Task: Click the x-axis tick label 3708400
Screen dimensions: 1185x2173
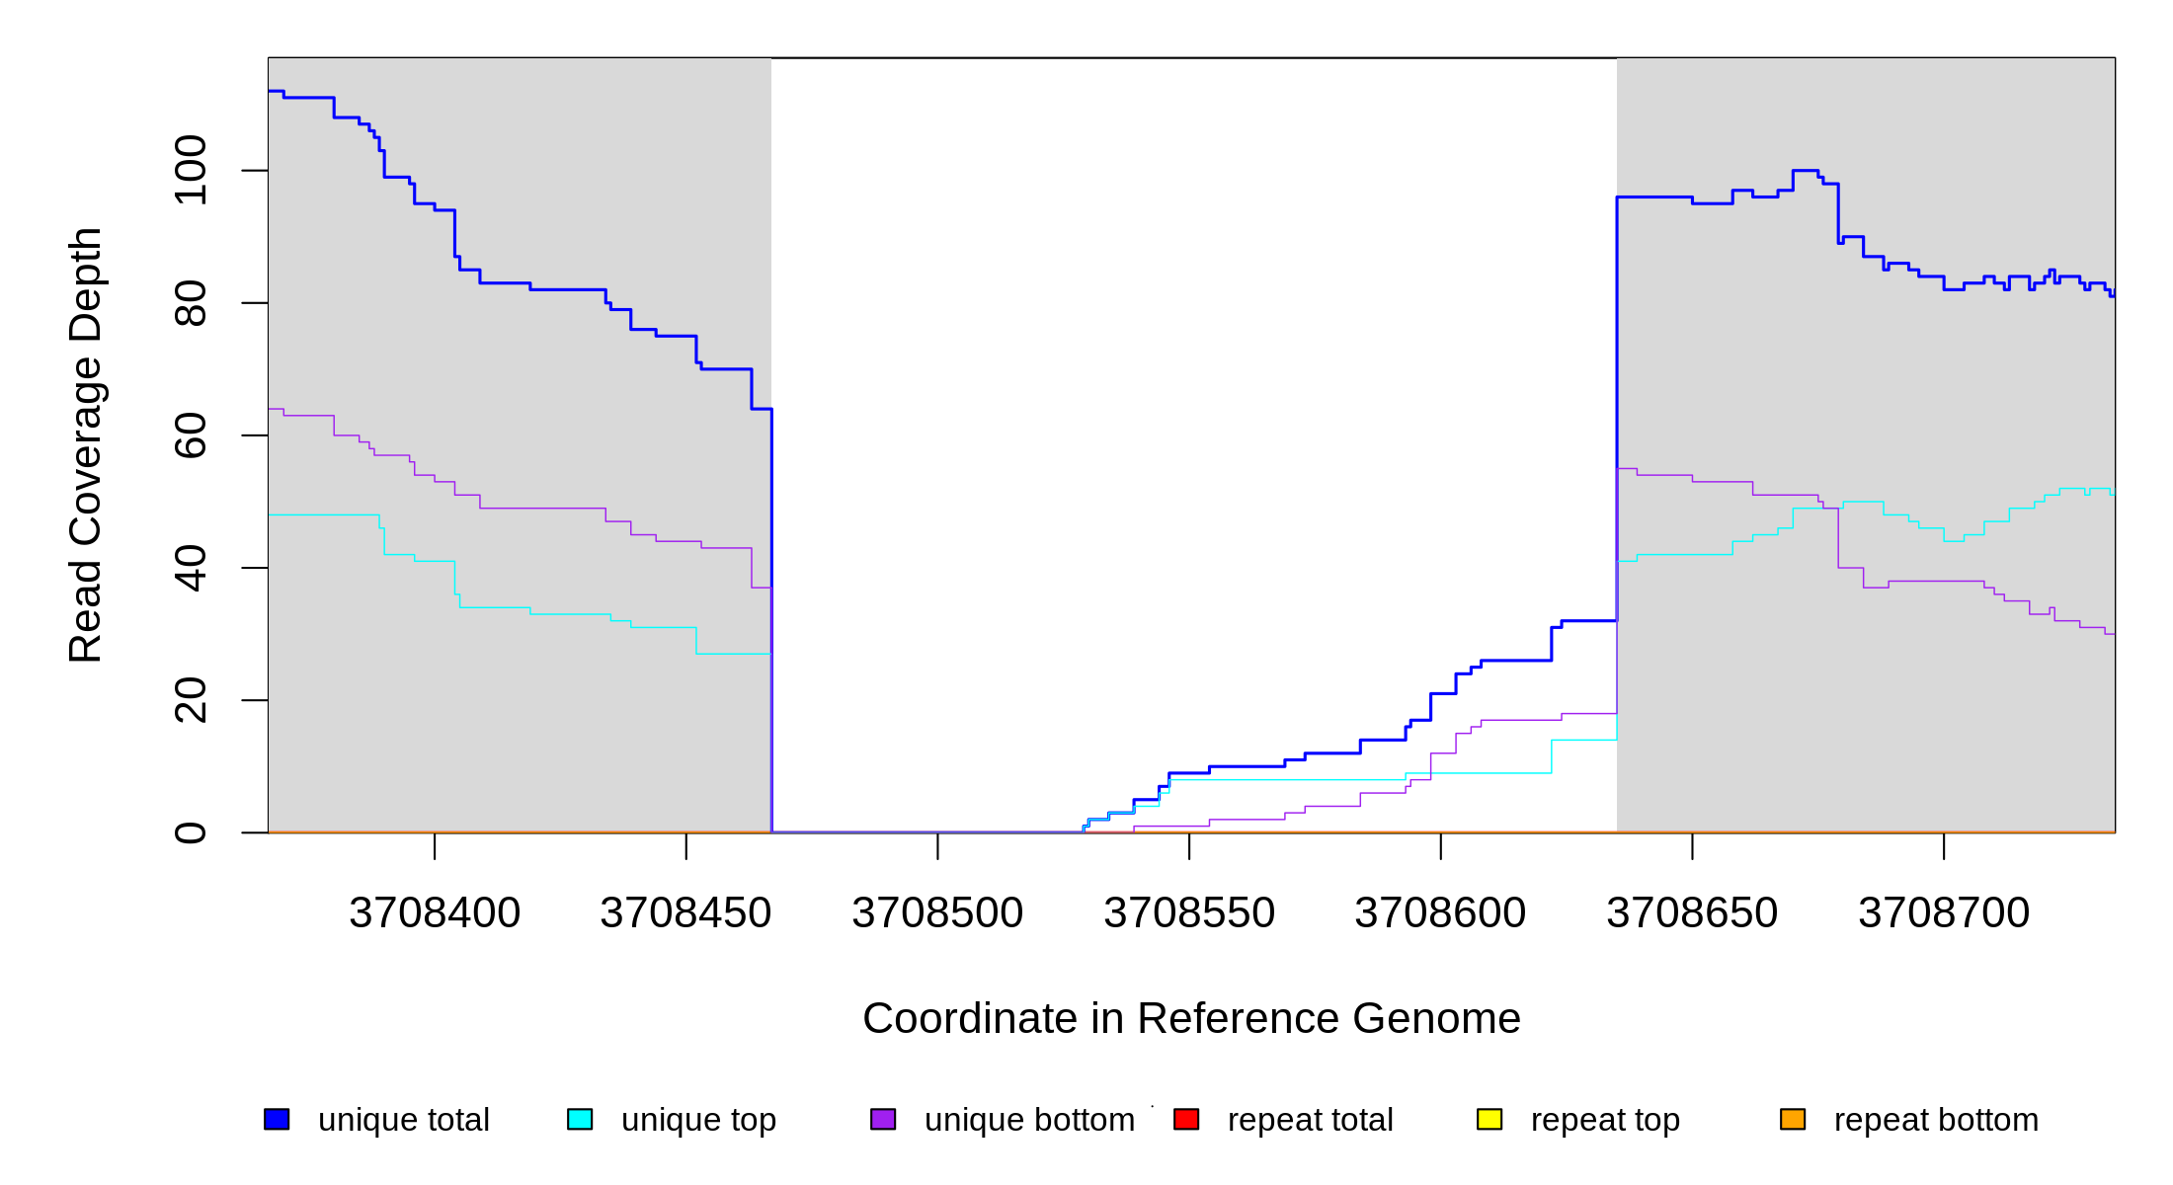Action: [x=435, y=913]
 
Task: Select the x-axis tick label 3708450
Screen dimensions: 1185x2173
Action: [x=685, y=913]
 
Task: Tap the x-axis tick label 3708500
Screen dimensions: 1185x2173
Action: [x=937, y=913]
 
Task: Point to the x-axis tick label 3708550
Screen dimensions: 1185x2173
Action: [x=1189, y=913]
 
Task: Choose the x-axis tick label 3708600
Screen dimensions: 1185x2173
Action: [x=1440, y=913]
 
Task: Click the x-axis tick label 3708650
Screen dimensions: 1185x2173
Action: [x=1692, y=913]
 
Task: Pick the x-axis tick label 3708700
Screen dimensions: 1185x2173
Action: [x=1944, y=913]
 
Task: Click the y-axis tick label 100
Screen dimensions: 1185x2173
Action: [x=191, y=171]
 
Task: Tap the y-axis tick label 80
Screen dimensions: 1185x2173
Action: [x=191, y=303]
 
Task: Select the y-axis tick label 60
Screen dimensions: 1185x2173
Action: [x=191, y=435]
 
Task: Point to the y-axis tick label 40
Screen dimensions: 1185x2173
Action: [x=191, y=568]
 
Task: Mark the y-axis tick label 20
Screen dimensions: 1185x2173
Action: [x=191, y=700]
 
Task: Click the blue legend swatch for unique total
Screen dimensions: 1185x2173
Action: [x=277, y=1119]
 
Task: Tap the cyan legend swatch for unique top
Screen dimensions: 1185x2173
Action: [x=580, y=1119]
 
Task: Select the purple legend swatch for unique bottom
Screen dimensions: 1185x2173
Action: [x=883, y=1119]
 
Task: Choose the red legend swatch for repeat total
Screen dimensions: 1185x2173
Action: [x=1186, y=1119]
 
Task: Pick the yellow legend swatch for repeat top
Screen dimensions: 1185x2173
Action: [x=1489, y=1119]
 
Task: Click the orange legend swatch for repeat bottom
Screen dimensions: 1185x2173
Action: [x=1793, y=1119]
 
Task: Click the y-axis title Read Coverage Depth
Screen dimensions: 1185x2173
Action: [x=86, y=444]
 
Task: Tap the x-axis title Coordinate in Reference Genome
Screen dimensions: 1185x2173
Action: [x=1191, y=1018]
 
